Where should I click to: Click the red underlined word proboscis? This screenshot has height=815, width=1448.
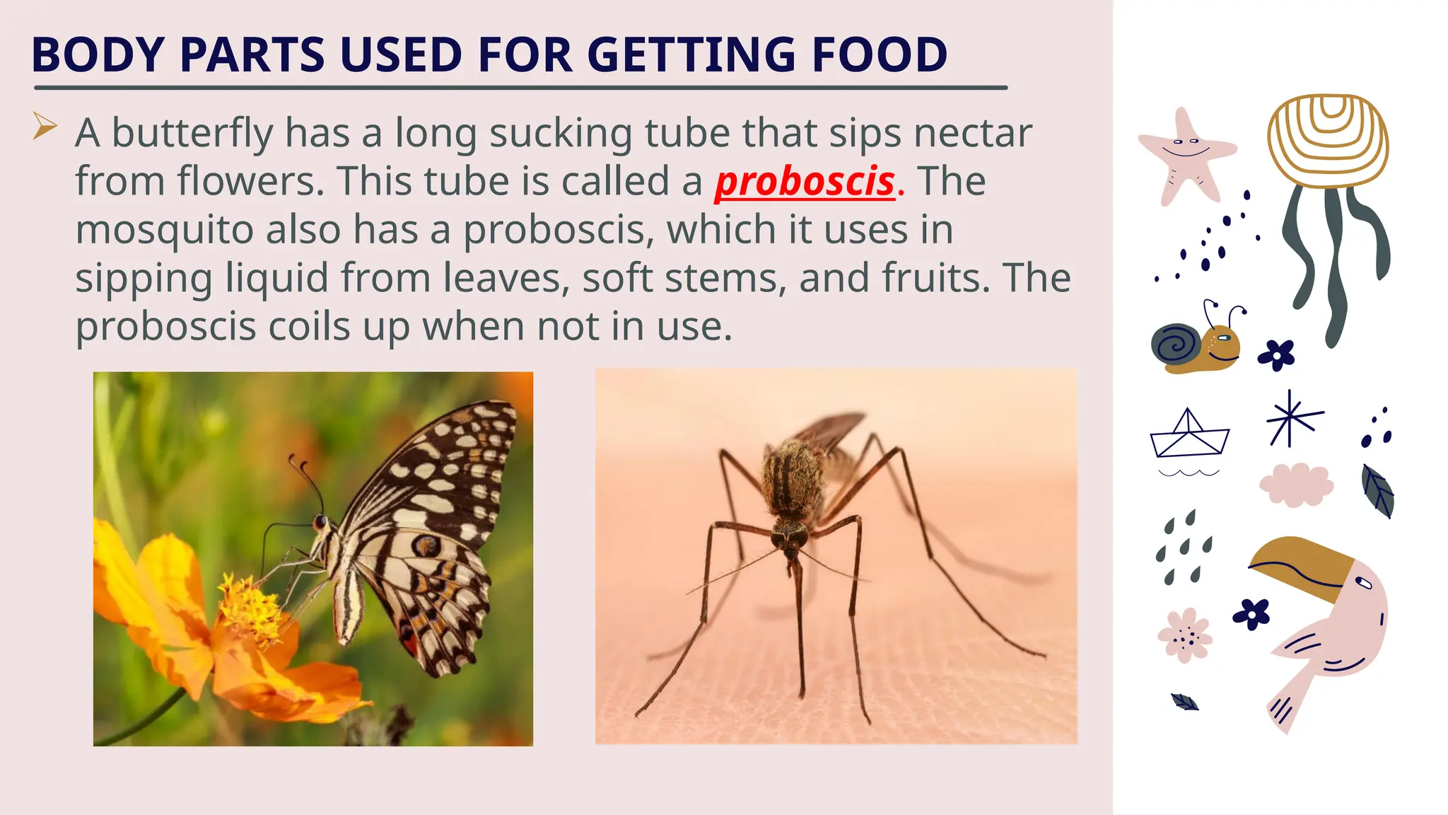[x=805, y=182]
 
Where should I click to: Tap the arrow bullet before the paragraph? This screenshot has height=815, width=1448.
[x=45, y=127]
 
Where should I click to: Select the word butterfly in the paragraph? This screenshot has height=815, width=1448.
[x=192, y=133]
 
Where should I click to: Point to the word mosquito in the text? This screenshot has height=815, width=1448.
[x=164, y=230]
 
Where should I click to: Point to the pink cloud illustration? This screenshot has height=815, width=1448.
[x=1296, y=485]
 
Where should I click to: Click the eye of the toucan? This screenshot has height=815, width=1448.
[x=1364, y=583]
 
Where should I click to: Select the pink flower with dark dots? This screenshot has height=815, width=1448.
[x=1184, y=635]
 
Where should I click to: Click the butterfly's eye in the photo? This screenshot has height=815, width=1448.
[x=320, y=523]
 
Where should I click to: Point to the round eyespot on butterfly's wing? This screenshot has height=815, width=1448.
[x=427, y=545]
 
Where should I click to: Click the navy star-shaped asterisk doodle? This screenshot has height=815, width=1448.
[x=1291, y=420]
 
